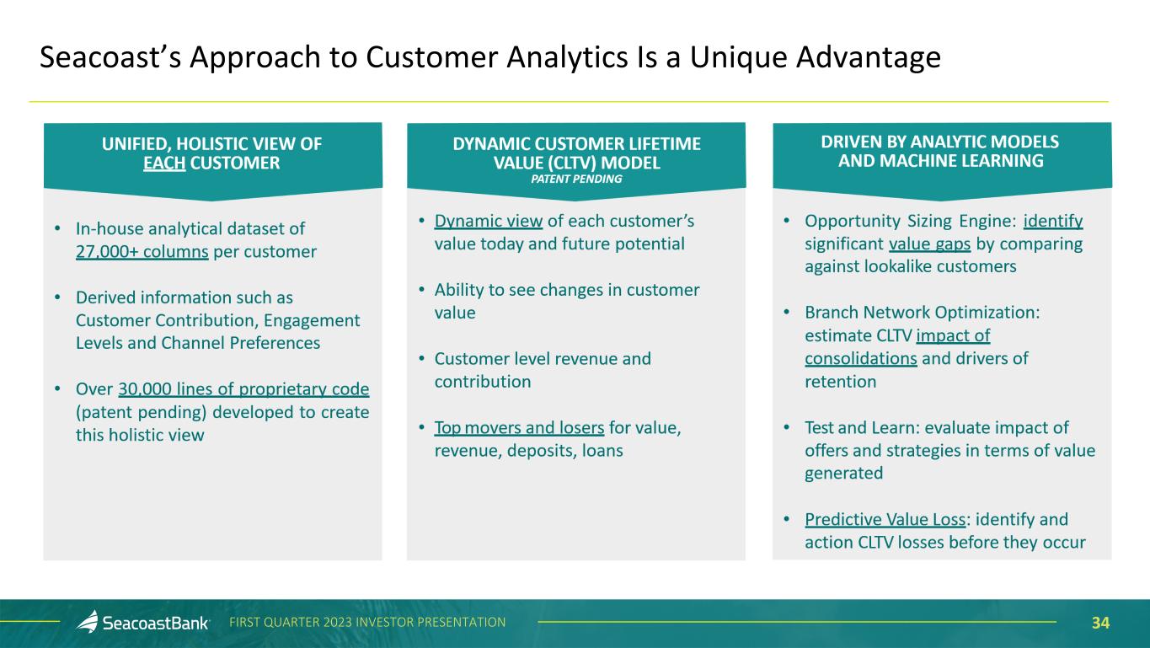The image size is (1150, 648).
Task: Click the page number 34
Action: [x=1100, y=623]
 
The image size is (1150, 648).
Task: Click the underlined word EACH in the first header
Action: [x=164, y=163]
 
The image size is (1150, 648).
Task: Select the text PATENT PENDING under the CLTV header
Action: [x=576, y=179]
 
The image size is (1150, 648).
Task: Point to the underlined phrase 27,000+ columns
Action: [x=142, y=251]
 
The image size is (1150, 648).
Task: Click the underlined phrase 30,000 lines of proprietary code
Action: [x=244, y=389]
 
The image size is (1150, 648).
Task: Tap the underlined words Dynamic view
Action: [x=488, y=221]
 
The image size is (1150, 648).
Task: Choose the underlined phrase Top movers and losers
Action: [x=519, y=428]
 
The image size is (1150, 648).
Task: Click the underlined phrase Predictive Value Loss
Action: [x=885, y=519]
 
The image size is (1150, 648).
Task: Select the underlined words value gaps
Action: [x=929, y=244]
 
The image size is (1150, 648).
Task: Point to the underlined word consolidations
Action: [x=861, y=358]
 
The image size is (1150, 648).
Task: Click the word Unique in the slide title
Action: [x=732, y=57]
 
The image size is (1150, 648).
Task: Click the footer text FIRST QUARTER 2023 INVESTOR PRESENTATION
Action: [x=368, y=623]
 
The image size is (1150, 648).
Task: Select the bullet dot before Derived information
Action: [x=57, y=297]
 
